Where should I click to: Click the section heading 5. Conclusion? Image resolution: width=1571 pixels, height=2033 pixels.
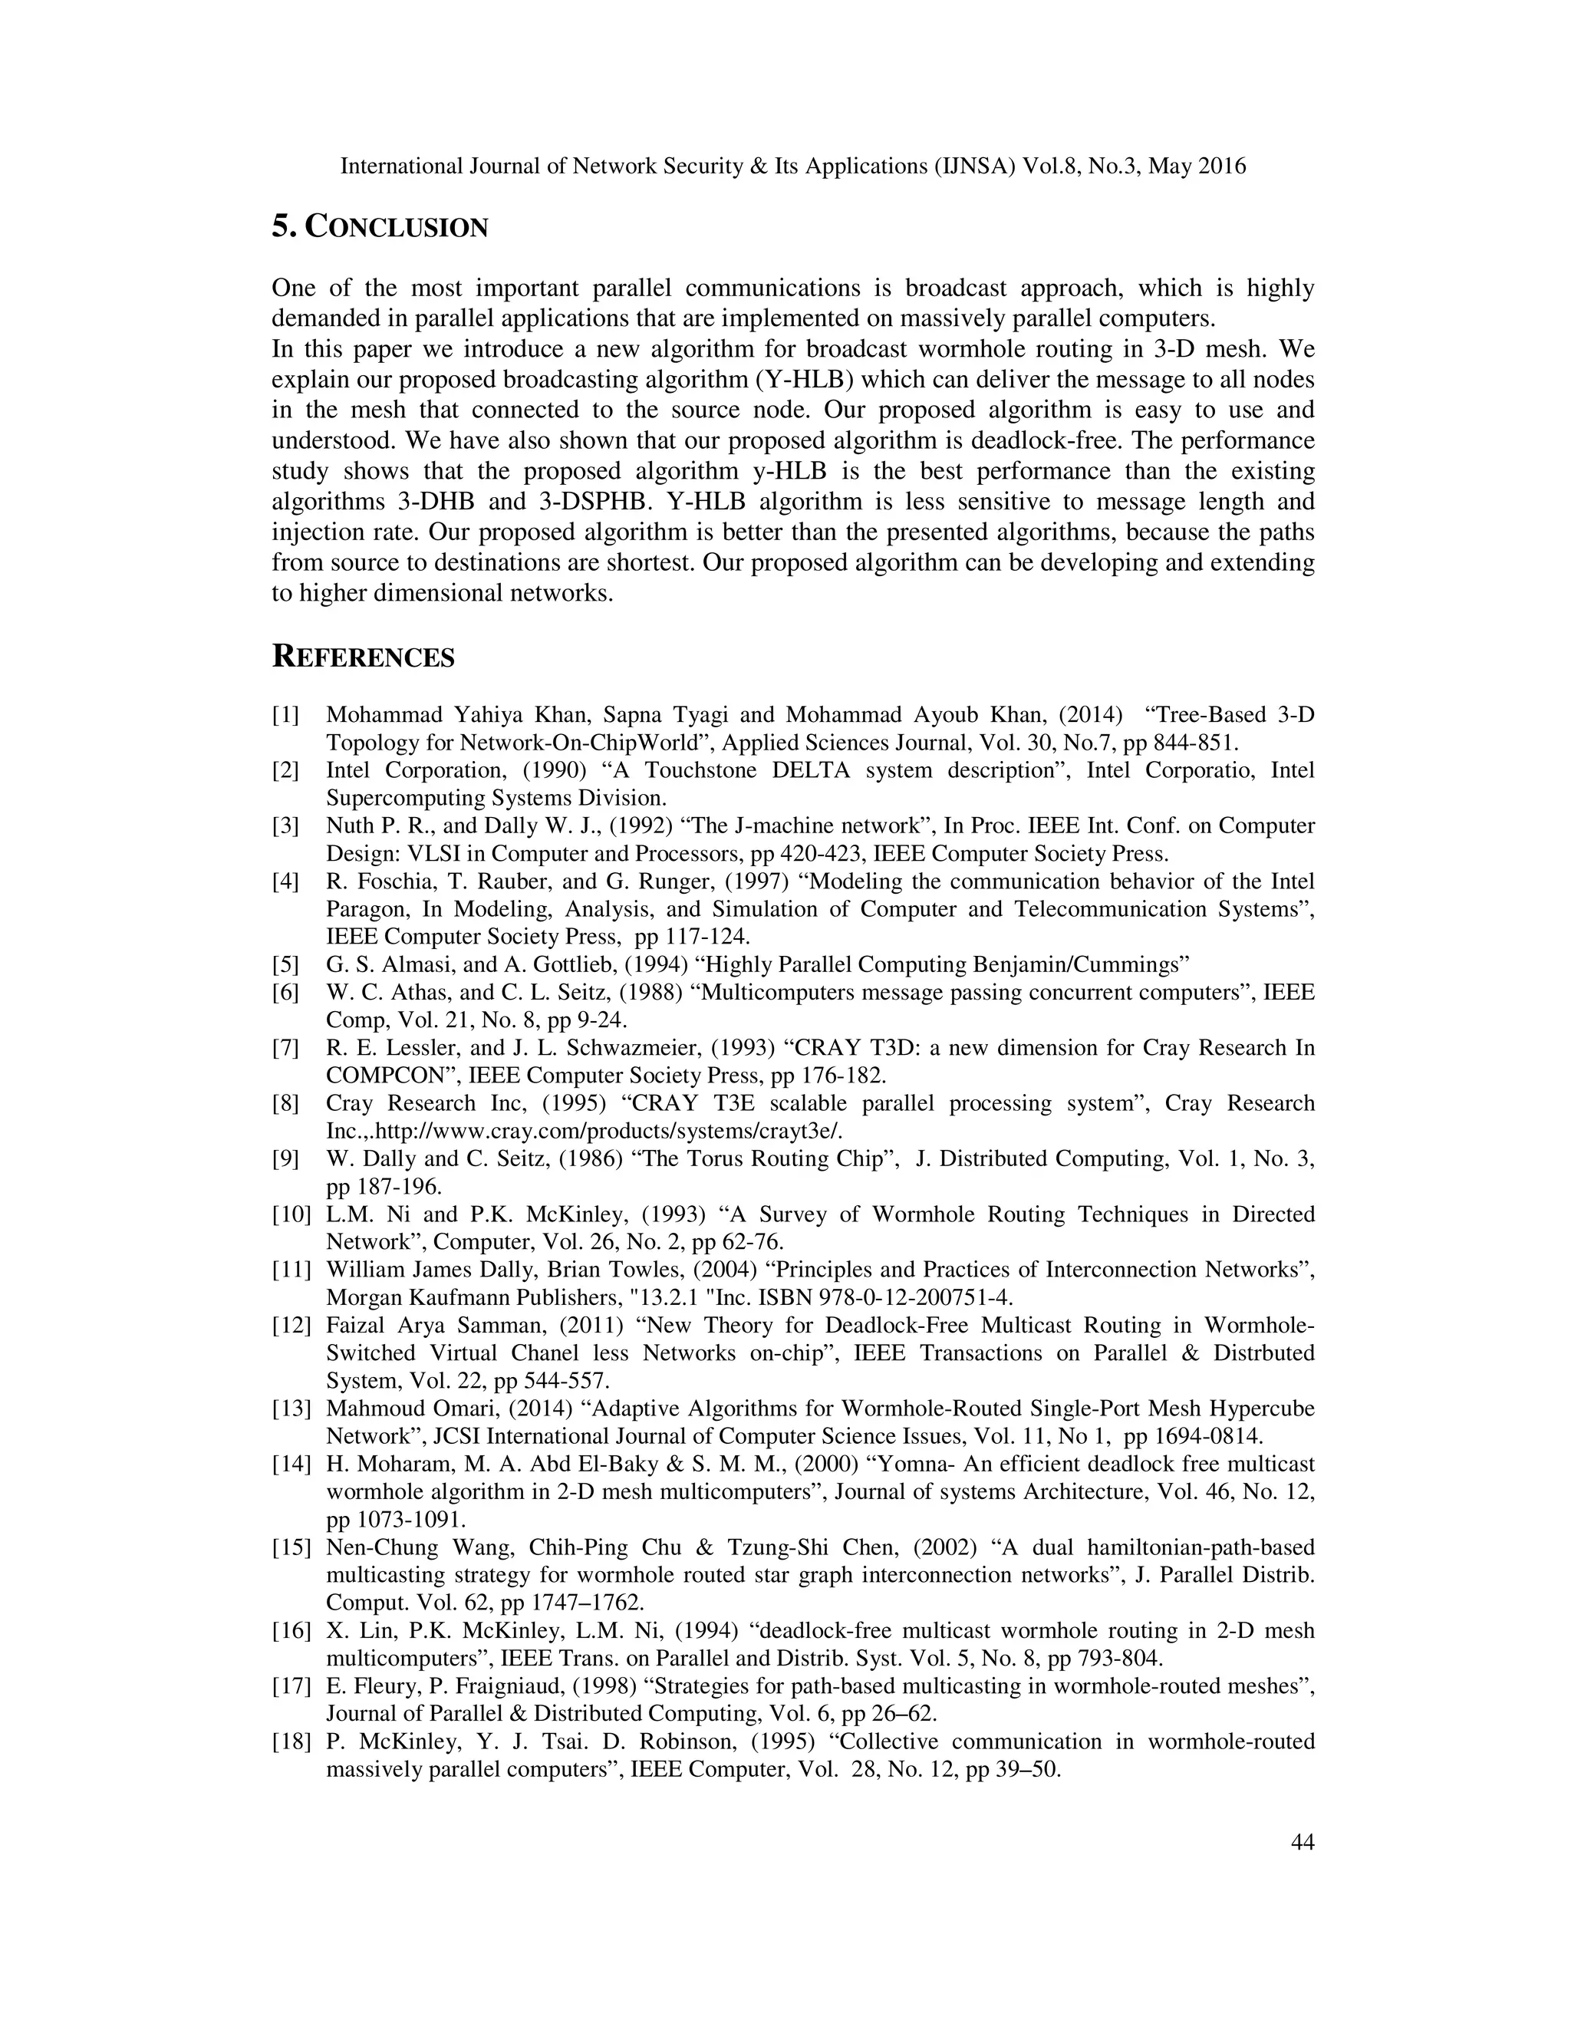380,227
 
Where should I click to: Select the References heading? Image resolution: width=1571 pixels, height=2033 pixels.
363,657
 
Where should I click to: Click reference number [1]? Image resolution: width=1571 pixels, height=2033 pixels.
285,715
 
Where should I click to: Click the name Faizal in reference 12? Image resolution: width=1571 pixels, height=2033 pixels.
354,1326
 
